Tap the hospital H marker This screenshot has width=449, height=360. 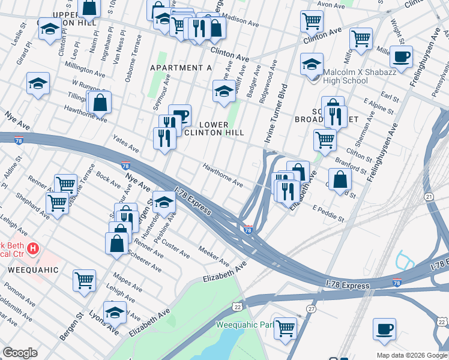point(34,247)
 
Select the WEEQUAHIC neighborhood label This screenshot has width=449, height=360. point(34,270)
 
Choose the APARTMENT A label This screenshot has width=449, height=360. point(181,68)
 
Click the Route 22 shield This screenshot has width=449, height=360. point(238,307)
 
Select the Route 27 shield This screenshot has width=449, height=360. point(311,308)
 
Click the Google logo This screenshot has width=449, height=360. point(20,353)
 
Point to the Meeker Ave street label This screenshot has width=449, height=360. point(214,259)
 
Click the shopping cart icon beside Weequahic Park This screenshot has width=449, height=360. point(286,326)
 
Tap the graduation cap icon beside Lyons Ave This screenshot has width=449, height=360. point(115,311)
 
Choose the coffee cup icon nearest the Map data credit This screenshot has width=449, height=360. point(384,329)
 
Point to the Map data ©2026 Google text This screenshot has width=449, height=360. point(411,355)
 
